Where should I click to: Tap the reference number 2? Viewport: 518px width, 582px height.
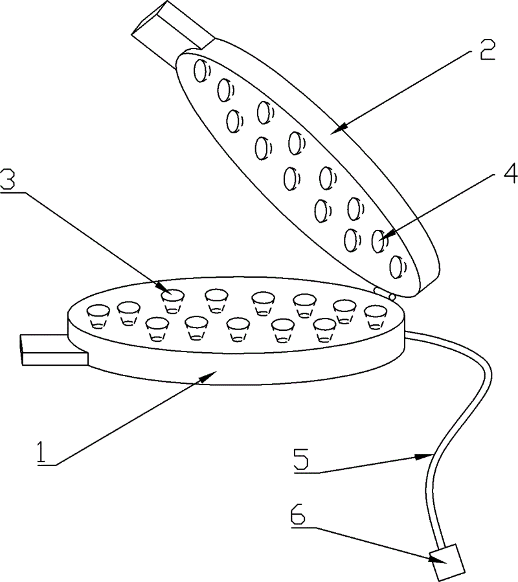coord(487,51)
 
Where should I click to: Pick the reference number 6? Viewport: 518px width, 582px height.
coord(298,513)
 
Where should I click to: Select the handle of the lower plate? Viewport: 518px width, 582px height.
coord(54,350)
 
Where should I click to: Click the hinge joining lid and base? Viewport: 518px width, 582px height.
coord(385,293)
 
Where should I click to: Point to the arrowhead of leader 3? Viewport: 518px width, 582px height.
coord(165,289)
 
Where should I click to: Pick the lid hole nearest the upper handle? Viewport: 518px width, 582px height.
coord(201,70)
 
